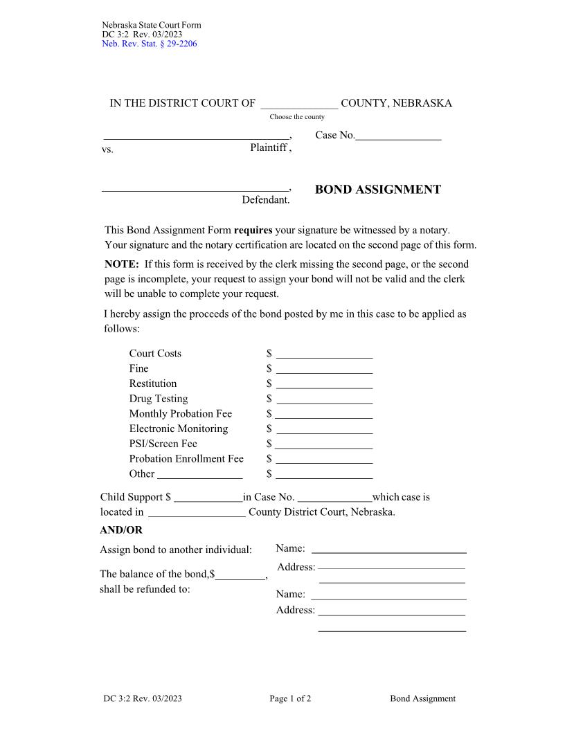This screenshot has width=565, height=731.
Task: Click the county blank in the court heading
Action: pyautogui.click(x=299, y=105)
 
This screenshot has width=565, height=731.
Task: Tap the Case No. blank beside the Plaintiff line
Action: pyautogui.click(x=398, y=137)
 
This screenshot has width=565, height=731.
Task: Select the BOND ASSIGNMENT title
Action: pyautogui.click(x=377, y=190)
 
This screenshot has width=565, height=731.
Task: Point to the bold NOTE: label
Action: pyautogui.click(x=122, y=264)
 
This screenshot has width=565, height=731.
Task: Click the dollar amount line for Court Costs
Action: pyautogui.click(x=324, y=354)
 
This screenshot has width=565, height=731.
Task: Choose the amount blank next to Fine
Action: pyautogui.click(x=324, y=370)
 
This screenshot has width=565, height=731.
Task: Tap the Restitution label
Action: pyautogui.click(x=153, y=383)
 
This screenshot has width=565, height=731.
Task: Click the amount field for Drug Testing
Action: pyautogui.click(x=324, y=400)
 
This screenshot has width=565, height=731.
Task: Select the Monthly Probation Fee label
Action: pyautogui.click(x=181, y=414)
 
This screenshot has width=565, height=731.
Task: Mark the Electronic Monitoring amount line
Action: pyautogui.click(x=324, y=430)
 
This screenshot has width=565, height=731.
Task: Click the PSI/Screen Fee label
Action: pyautogui.click(x=163, y=444)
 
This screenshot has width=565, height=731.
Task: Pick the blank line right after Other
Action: pyautogui.click(x=200, y=476)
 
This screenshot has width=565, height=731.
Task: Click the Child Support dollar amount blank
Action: pyautogui.click(x=208, y=498)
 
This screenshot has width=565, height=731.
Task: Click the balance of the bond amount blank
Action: pyautogui.click(x=240, y=576)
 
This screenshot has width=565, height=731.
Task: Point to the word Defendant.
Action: pyautogui.click(x=266, y=200)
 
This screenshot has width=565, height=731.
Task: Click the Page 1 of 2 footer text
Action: pyautogui.click(x=290, y=698)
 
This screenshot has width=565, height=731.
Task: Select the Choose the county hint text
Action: pyautogui.click(x=297, y=117)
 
